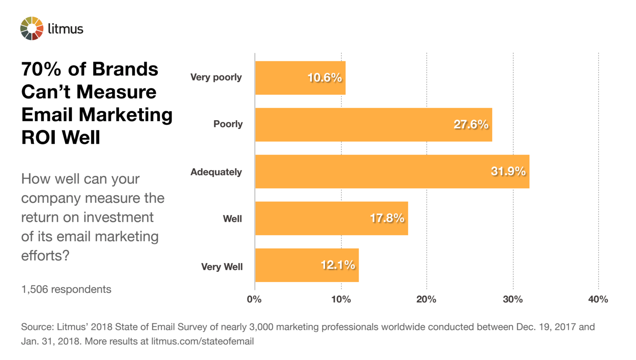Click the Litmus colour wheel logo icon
(x=32, y=28)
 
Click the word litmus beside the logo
(x=66, y=29)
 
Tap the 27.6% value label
(x=471, y=124)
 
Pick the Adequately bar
(x=371, y=171)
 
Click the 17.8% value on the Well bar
(x=387, y=218)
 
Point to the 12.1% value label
(x=338, y=265)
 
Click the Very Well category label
(x=222, y=267)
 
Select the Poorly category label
(x=228, y=124)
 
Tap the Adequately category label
(x=216, y=172)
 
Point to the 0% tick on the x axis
(x=254, y=299)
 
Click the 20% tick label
(x=426, y=299)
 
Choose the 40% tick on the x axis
(x=598, y=299)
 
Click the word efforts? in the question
(x=45, y=255)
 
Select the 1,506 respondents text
(x=66, y=289)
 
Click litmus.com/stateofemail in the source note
(x=202, y=341)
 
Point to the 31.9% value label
(x=508, y=171)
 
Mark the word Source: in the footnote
(x=38, y=327)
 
